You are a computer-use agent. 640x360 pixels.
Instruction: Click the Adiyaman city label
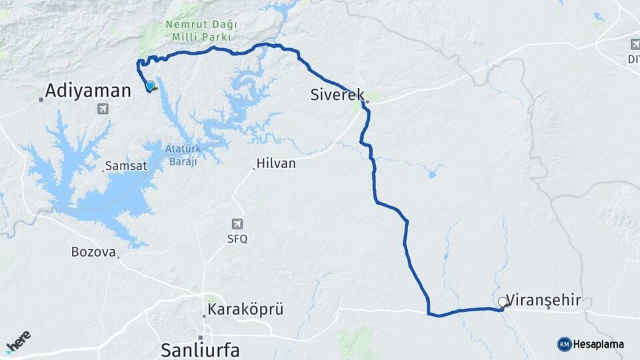coord(89,91)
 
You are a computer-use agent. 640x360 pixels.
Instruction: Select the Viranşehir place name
coord(549,300)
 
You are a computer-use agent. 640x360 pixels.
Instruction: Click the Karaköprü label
coord(245,309)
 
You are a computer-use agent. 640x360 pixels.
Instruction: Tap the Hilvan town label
coord(276,163)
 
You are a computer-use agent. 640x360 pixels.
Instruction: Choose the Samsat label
coord(126,166)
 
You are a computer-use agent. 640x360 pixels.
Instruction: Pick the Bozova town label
coord(93,252)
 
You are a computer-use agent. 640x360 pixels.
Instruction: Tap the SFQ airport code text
coord(237,239)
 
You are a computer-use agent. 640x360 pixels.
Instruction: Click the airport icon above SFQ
coord(237,224)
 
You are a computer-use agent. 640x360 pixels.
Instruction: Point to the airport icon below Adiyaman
coord(103,109)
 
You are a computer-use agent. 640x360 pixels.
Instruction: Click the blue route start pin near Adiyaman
coord(150,85)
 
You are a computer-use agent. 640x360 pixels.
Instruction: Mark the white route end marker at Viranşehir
coord(502,302)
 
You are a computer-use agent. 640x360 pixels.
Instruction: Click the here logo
coord(18,342)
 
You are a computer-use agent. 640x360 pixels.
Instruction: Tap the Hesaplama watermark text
coord(599,344)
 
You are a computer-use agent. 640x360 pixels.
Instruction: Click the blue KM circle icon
coord(564,344)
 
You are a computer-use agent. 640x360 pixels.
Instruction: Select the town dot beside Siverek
coord(367,103)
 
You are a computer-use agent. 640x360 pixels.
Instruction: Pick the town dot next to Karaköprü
coord(204,316)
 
